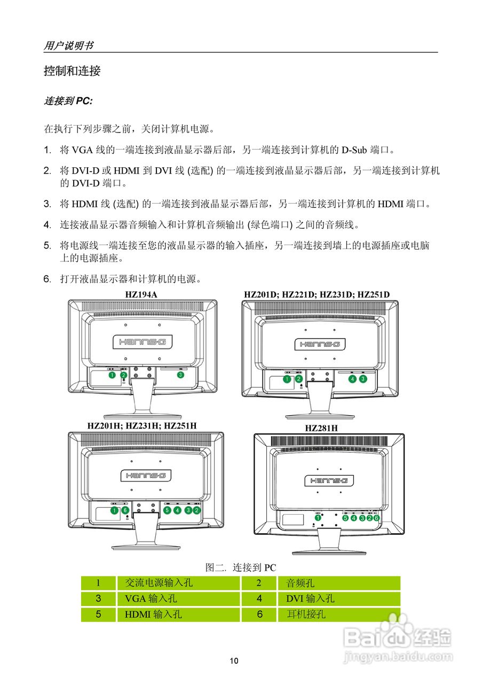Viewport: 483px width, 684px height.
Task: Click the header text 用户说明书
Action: [x=68, y=45]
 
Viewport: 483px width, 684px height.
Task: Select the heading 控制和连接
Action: [x=72, y=71]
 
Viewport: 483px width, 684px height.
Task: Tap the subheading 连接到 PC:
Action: [x=68, y=101]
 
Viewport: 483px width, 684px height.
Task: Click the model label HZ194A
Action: [x=141, y=294]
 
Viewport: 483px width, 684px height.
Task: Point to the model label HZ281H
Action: [x=321, y=428]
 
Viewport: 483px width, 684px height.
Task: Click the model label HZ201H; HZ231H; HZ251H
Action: [x=142, y=425]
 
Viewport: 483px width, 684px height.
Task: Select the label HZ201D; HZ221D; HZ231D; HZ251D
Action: [x=317, y=294]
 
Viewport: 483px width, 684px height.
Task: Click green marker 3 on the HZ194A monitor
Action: [x=180, y=375]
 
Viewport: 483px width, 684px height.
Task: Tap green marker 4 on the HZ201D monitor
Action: [x=352, y=379]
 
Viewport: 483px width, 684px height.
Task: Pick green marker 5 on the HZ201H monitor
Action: [x=167, y=510]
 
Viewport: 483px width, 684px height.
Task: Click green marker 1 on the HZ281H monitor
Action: [x=318, y=517]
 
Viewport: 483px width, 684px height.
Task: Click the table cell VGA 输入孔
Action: [x=151, y=598]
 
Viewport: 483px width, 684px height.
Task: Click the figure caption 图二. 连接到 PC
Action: [x=241, y=568]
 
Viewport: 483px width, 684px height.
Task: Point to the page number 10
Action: [x=234, y=661]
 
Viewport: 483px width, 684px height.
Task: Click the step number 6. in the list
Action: [x=47, y=279]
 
